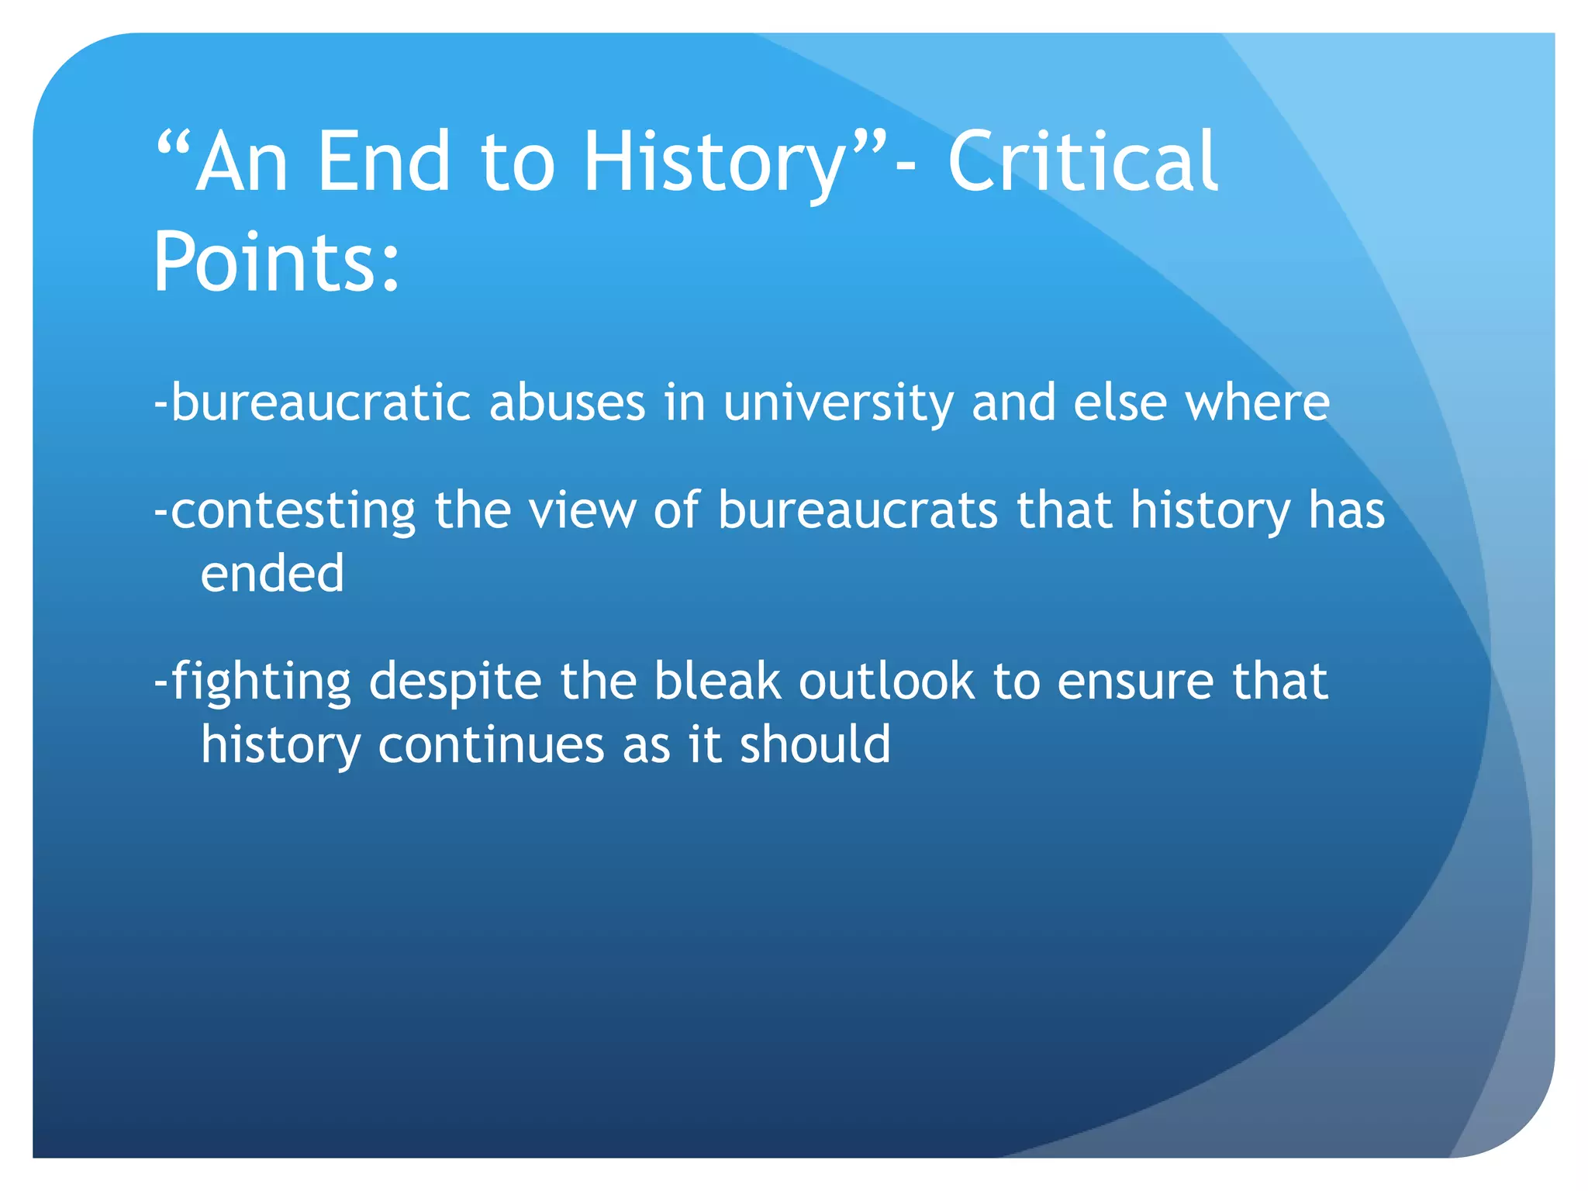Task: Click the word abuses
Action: pos(567,403)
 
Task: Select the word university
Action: pos(837,403)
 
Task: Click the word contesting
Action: pos(293,511)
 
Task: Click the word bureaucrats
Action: pos(858,511)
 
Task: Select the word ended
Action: pos(272,574)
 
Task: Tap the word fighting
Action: pos(261,682)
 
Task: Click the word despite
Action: pos(454,682)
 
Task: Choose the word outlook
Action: pos(886,682)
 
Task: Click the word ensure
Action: pos(1135,682)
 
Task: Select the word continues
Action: pos(491,744)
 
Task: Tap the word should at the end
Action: pos(815,744)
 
